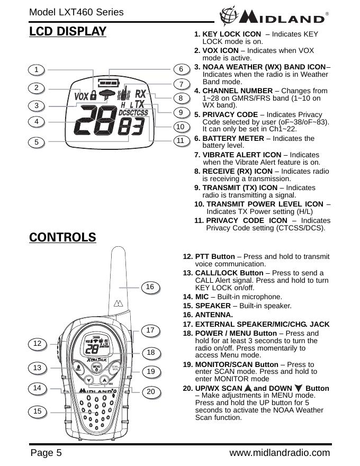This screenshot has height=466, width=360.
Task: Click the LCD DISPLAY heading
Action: pos(68,31)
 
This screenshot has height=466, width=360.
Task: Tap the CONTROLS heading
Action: pos(63,237)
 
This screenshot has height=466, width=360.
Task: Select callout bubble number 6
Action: pos(181,69)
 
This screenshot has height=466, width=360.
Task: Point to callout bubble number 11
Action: pos(181,141)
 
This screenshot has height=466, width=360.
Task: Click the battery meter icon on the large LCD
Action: pos(108,83)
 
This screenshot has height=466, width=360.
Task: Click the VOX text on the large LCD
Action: pos(81,97)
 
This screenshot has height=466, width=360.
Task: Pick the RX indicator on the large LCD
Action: pos(140,94)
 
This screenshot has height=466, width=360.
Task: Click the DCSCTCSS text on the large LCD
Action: pos(133,112)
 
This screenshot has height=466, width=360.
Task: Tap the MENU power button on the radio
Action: pos(96,367)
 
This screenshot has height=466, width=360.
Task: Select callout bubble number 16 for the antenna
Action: pos(150,286)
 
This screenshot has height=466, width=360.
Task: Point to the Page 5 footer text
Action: pos(46,453)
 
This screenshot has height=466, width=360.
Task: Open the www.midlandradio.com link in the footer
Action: pos(280,453)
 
